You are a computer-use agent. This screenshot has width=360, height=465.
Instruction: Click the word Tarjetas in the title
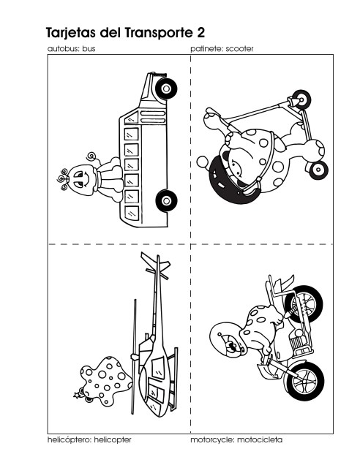(x=71, y=33)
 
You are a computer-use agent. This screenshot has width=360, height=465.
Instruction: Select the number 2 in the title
(x=200, y=33)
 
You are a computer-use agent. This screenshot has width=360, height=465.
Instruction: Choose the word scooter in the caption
(x=239, y=49)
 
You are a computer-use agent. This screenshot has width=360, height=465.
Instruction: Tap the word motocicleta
(x=260, y=439)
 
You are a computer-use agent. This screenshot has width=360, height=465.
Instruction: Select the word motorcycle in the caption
(x=212, y=440)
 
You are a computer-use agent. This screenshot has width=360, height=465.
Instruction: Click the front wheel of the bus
(x=167, y=88)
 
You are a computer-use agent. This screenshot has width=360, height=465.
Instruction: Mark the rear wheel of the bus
(x=167, y=201)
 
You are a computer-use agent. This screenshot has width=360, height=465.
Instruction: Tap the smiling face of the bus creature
(x=80, y=180)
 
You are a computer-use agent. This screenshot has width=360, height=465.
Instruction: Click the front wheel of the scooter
(x=301, y=99)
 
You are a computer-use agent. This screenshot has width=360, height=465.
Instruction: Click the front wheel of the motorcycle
(x=304, y=304)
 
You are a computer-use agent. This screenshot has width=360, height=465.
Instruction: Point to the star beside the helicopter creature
(x=77, y=395)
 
